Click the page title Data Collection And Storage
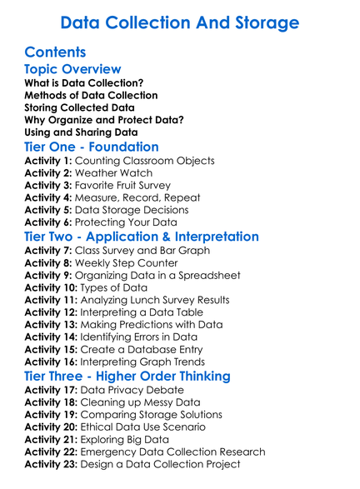pos(180,21)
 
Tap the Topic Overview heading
pos(72,69)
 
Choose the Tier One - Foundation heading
pos(92,147)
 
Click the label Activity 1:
pos(50,161)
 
